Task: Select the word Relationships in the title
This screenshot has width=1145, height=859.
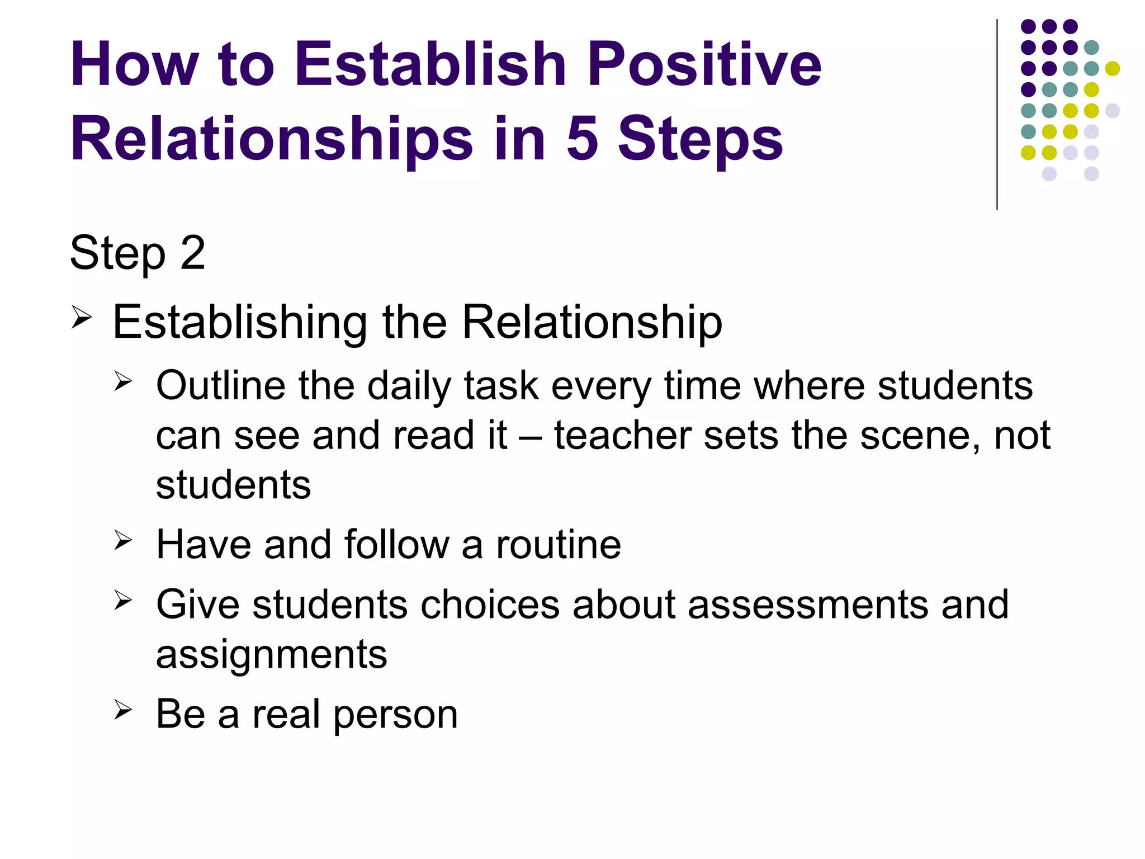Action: (272, 140)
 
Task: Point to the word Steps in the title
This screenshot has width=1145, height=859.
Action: (700, 140)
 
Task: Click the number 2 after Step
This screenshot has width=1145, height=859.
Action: (193, 253)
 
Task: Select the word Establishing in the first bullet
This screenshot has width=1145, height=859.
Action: (240, 323)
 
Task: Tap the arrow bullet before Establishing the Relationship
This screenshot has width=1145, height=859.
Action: (81, 318)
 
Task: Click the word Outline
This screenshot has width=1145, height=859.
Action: (220, 386)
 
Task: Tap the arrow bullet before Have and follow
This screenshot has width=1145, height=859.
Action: (122, 540)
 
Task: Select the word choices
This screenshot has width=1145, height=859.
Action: (490, 605)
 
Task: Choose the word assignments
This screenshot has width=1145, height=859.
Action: (271, 654)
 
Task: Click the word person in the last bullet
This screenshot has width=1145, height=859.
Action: (396, 715)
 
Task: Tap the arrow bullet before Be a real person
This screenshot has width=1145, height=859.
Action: (122, 710)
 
